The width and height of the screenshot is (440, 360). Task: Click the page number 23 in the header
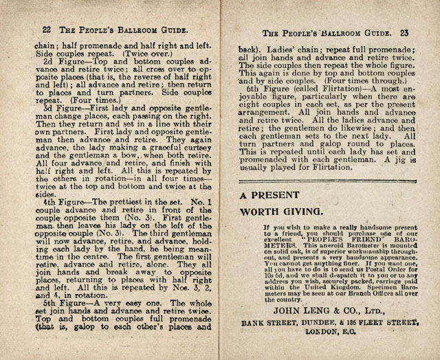click(407, 32)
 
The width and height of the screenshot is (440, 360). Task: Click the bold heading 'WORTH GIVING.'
click(282, 211)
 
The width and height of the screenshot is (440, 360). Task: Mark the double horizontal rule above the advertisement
click(329, 181)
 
